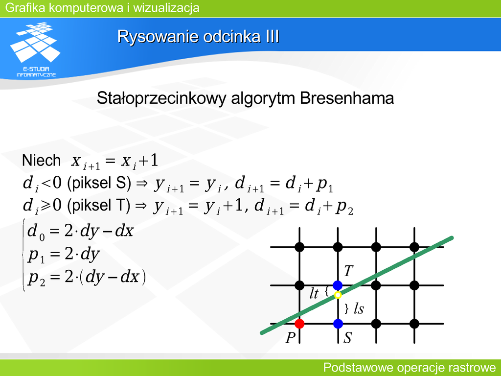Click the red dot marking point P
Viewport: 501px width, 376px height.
(x=299, y=324)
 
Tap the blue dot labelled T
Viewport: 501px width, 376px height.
(x=338, y=285)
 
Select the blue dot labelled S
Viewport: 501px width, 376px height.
(x=338, y=324)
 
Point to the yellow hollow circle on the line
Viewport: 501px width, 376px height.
(x=338, y=295)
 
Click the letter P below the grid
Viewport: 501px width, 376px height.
(x=290, y=338)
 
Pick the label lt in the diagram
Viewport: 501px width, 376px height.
(x=314, y=294)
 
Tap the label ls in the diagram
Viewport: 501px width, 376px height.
(x=359, y=308)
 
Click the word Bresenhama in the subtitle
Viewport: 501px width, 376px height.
(x=347, y=98)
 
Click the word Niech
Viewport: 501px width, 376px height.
(x=41, y=160)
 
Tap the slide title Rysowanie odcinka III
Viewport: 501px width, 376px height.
(x=198, y=36)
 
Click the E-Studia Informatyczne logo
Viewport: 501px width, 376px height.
(x=36, y=50)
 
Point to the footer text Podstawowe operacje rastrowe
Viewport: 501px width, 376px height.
(x=410, y=367)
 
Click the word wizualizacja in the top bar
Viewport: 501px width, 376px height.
(x=166, y=8)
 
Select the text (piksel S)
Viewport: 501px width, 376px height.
(x=99, y=183)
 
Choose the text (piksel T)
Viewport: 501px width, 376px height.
(x=99, y=205)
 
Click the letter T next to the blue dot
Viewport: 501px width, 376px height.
(x=348, y=271)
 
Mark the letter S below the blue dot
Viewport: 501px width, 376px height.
(x=347, y=338)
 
